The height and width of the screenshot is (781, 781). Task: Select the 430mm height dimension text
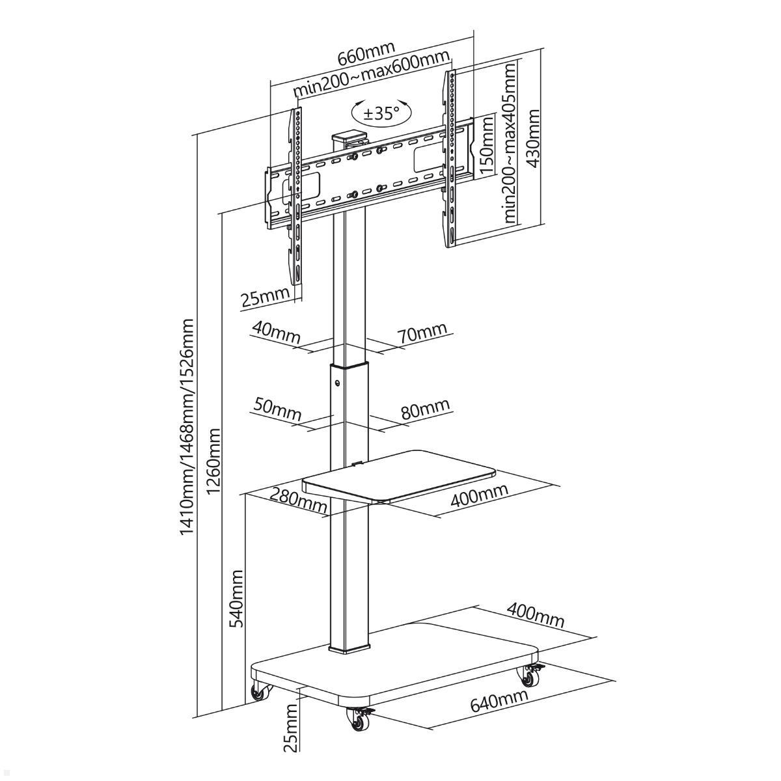point(534,138)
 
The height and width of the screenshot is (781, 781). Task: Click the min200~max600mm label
point(373,75)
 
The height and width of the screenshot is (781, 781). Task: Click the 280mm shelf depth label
point(298,500)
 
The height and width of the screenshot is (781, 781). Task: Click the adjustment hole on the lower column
point(337,382)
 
